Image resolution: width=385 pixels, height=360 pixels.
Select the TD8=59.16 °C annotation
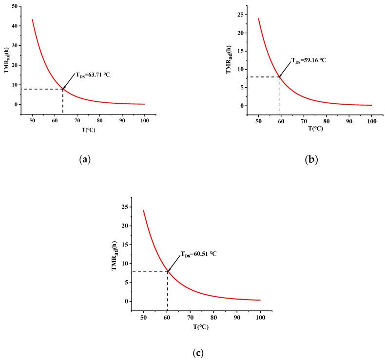(308, 60)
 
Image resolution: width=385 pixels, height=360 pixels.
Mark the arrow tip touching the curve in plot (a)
(63, 89)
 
